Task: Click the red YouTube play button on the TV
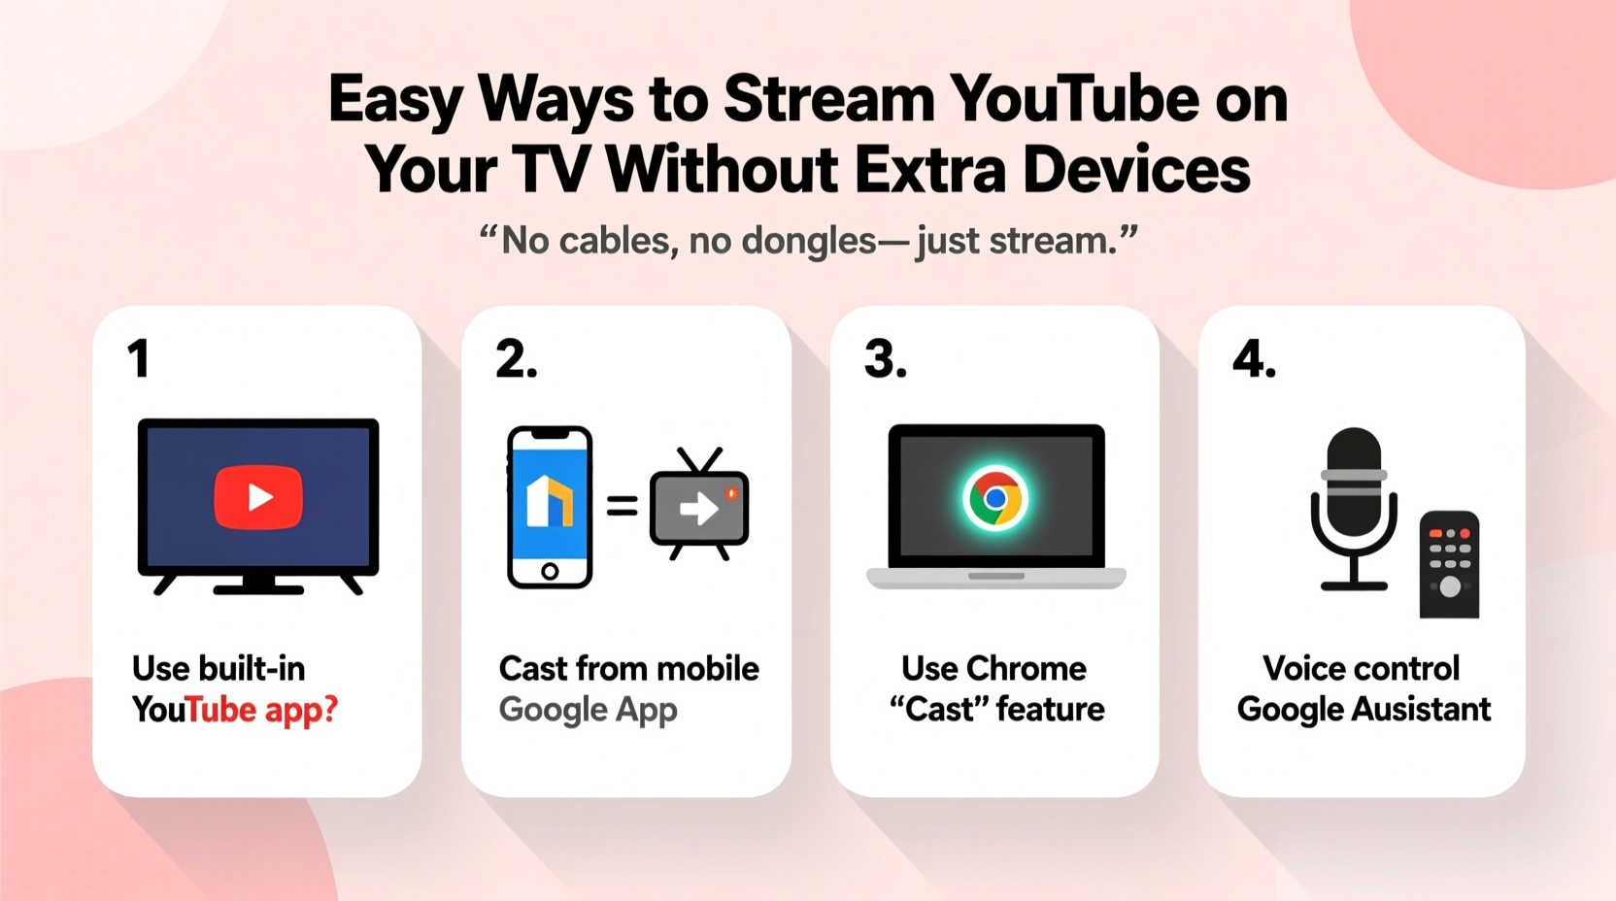(x=258, y=497)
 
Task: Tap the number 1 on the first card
(x=139, y=359)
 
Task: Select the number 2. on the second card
(x=516, y=359)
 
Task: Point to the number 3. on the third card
(x=885, y=359)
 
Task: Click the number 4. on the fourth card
(x=1254, y=359)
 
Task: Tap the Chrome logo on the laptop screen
(x=995, y=498)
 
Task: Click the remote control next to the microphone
(x=1449, y=564)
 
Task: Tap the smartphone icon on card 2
(x=550, y=507)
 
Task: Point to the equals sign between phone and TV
(x=622, y=506)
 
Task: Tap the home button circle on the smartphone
(x=550, y=571)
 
